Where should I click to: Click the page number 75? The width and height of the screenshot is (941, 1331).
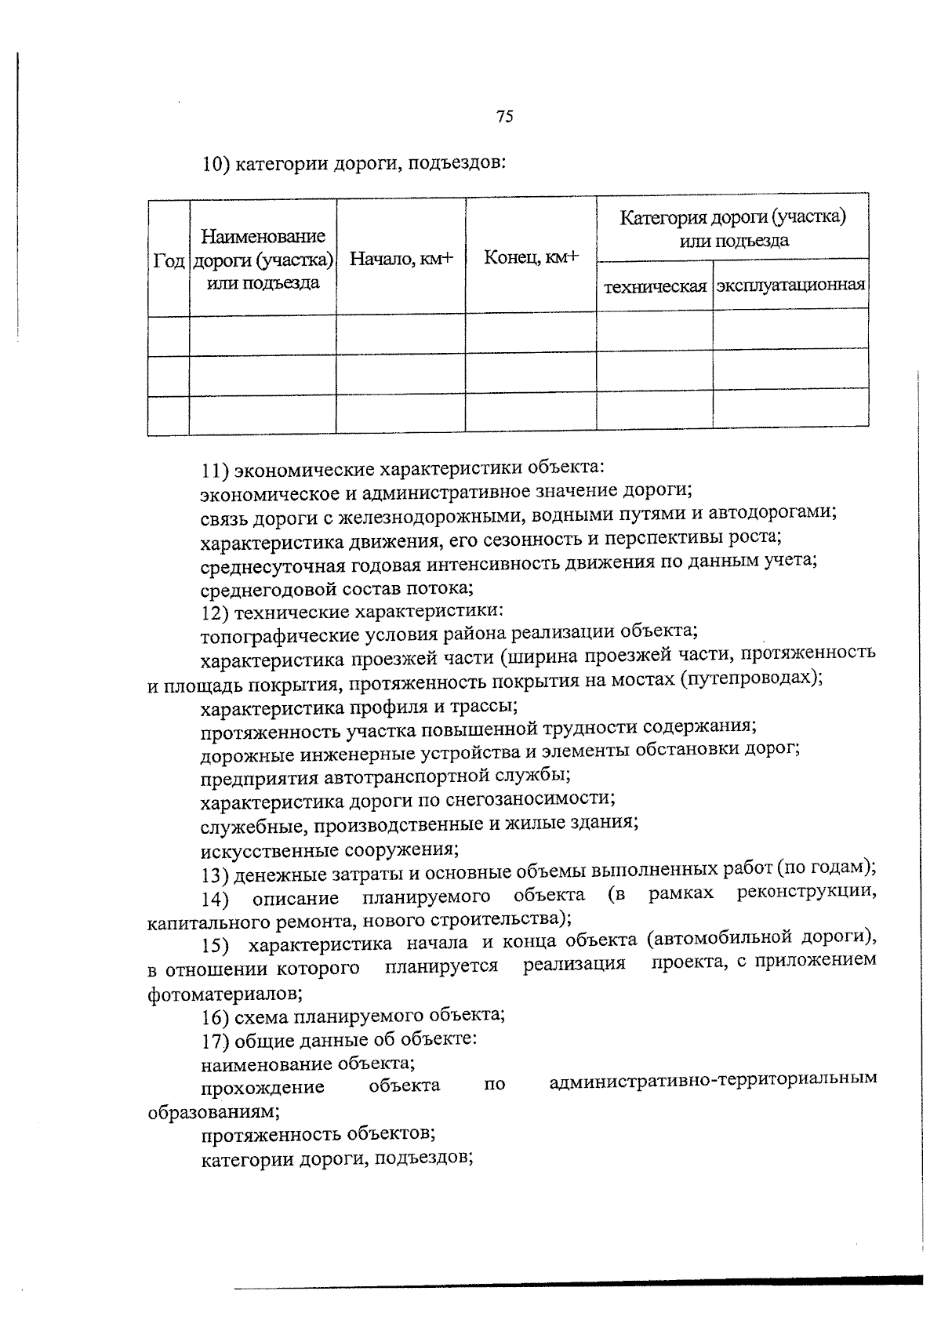click(504, 117)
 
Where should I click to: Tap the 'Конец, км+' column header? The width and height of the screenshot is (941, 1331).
click(530, 256)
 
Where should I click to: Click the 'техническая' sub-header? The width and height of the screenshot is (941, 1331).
click(655, 285)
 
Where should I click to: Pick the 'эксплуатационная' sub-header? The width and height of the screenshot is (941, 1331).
click(790, 284)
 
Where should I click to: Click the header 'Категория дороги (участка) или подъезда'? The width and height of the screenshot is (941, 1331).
click(732, 228)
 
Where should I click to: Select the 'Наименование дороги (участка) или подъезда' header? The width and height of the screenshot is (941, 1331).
click(263, 260)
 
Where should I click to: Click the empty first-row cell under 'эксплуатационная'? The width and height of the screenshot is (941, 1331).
click(790, 329)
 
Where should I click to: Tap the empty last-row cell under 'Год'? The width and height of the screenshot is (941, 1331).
click(168, 415)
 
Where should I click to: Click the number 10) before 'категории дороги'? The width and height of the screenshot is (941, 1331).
click(216, 165)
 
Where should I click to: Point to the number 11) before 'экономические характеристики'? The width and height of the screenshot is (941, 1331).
click(214, 471)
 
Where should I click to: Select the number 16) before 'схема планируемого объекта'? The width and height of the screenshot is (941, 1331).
click(214, 1017)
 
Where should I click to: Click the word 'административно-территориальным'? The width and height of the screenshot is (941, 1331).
click(713, 1080)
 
